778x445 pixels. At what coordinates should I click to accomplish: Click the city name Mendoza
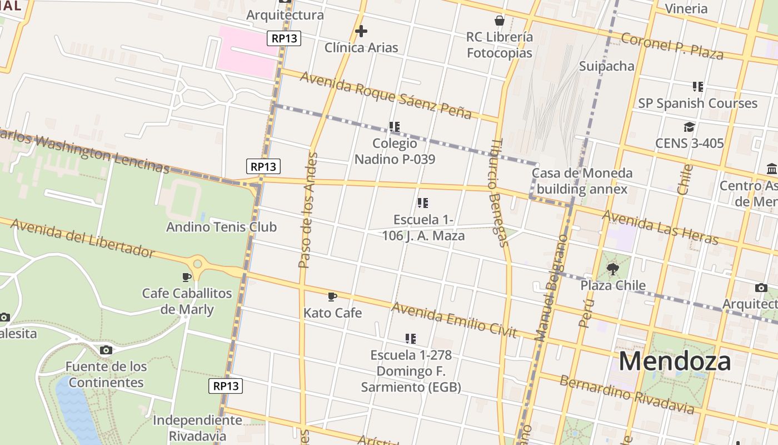click(675, 361)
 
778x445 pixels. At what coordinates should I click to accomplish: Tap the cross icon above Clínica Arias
click(361, 31)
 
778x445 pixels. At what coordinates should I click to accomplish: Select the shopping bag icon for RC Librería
click(500, 21)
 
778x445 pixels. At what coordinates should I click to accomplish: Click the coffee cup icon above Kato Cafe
click(332, 296)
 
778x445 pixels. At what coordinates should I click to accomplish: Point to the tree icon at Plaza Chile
click(613, 270)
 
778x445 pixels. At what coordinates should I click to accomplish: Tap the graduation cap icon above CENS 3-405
click(689, 127)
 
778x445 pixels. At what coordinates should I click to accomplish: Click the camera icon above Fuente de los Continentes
click(106, 350)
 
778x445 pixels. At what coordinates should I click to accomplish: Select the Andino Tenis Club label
click(221, 227)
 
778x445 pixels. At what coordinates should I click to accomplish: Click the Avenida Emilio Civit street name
click(454, 320)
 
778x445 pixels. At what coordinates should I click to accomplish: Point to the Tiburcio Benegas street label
click(498, 192)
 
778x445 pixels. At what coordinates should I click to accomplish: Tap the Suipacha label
click(606, 66)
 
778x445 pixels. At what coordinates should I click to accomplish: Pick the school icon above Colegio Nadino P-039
click(395, 127)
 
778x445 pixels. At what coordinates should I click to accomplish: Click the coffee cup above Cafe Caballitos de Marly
click(187, 277)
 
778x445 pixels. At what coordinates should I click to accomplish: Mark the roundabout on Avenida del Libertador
click(197, 263)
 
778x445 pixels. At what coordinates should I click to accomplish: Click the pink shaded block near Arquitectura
click(248, 51)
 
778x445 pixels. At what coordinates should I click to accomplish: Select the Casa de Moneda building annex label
click(582, 181)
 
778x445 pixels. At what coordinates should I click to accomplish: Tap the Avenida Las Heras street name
click(660, 227)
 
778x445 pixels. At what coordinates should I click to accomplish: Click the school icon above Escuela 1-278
click(411, 338)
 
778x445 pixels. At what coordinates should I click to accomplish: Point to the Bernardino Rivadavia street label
click(626, 395)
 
